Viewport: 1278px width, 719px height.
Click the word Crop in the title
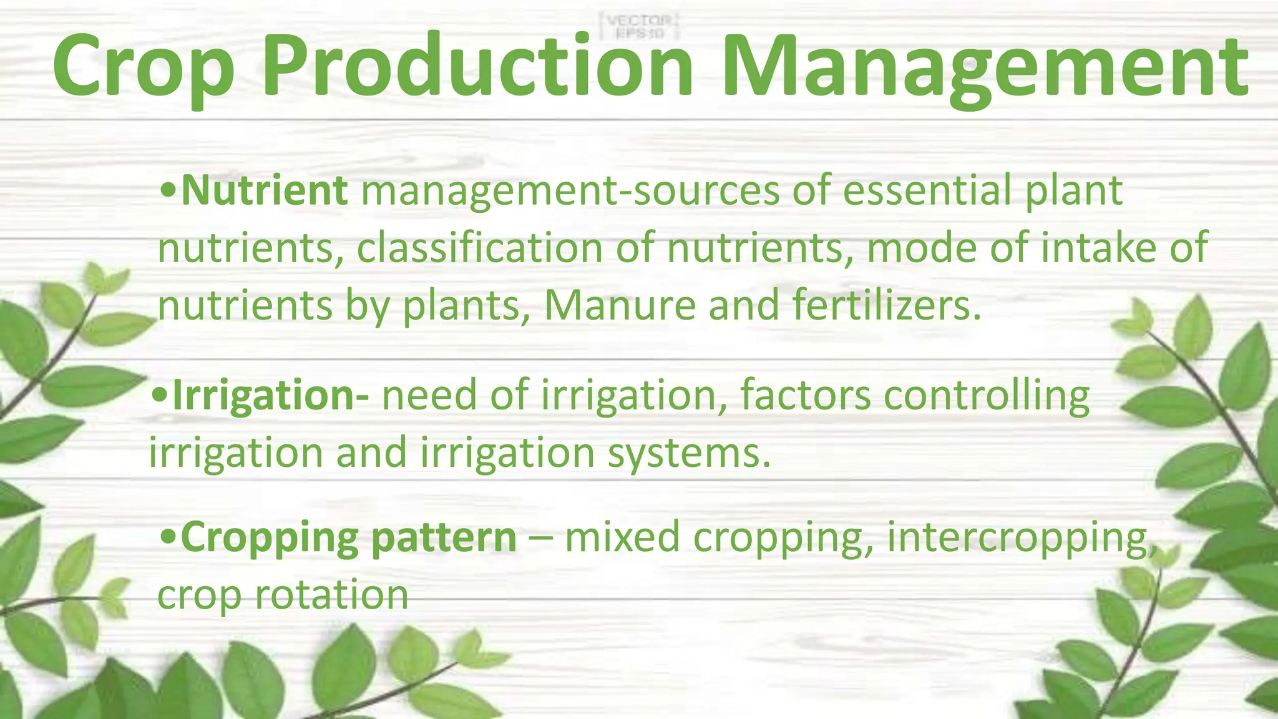click(x=144, y=67)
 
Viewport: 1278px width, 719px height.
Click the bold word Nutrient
click(x=264, y=190)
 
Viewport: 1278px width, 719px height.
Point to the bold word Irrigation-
click(x=270, y=396)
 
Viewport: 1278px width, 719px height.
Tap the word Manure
click(x=620, y=306)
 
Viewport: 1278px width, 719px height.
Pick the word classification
click(x=480, y=248)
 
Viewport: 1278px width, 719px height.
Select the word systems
click(x=689, y=453)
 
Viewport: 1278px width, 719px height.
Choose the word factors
click(x=805, y=396)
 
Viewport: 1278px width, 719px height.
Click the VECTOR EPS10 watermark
click(x=638, y=26)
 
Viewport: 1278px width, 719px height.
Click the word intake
click(x=1098, y=248)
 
